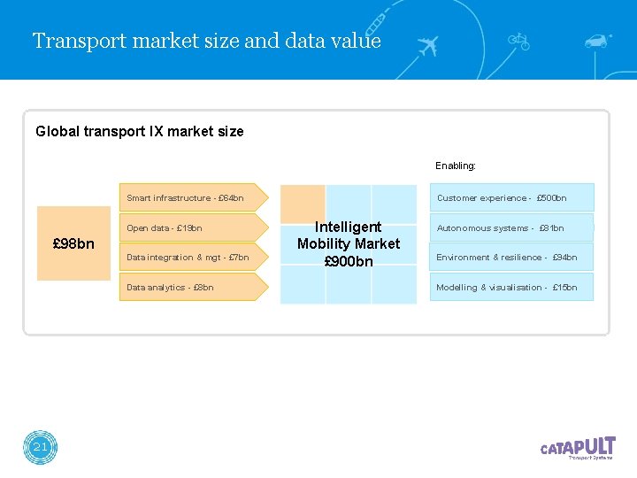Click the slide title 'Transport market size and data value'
[206, 41]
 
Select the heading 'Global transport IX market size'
[140, 132]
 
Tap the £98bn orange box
[73, 243]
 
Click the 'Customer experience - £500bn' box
[511, 198]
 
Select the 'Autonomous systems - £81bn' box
[511, 228]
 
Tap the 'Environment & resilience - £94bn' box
[511, 258]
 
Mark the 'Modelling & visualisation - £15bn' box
[511, 288]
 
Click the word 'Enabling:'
[456, 166]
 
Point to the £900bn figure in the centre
[349, 261]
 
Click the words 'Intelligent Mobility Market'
[349, 235]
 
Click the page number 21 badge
[40, 448]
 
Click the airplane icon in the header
[426, 45]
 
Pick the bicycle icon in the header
[519, 41]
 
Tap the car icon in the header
[597, 41]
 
